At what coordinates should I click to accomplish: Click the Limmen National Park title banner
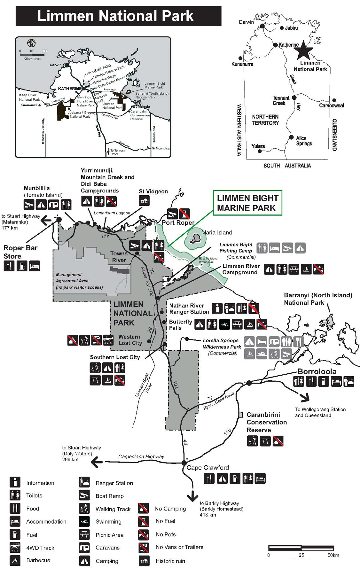[x=118, y=16]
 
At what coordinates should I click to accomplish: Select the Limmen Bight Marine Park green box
[x=247, y=203]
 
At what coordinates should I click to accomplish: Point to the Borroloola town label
[x=317, y=371]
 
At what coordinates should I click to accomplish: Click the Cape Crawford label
[x=208, y=468]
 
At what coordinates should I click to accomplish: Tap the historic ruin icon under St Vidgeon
[x=144, y=201]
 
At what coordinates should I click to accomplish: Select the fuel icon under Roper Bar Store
[x=22, y=266]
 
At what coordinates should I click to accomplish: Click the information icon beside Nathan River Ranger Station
[x=217, y=308]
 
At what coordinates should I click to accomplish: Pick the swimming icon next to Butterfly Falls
[x=224, y=324]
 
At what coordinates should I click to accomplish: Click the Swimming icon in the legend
[x=84, y=521]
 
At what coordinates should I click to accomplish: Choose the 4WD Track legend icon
[x=15, y=548]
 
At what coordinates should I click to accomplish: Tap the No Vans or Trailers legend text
[x=179, y=547]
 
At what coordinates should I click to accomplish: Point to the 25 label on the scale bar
[x=301, y=555]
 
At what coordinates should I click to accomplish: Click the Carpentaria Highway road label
[x=141, y=456]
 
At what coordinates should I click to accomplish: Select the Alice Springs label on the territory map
[x=304, y=141]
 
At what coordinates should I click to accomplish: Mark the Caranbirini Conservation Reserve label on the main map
[x=266, y=422]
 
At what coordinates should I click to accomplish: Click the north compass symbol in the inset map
[x=31, y=43]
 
